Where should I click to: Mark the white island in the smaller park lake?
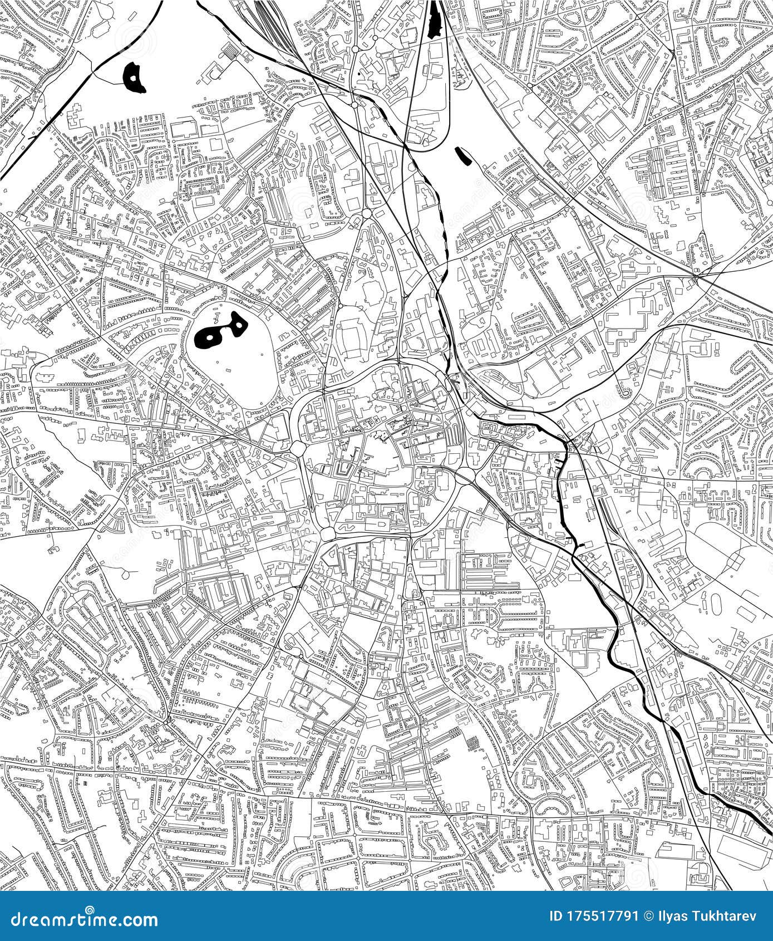tap(239, 324)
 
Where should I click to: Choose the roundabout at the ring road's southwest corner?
tap(327, 532)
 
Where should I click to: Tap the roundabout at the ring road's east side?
tap(464, 474)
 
